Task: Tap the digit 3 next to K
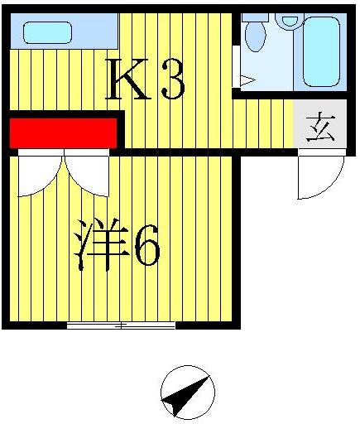pyautogui.click(x=170, y=80)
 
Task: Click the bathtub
pyautogui.click(x=321, y=51)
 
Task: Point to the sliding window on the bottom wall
pyautogui.click(x=121, y=325)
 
